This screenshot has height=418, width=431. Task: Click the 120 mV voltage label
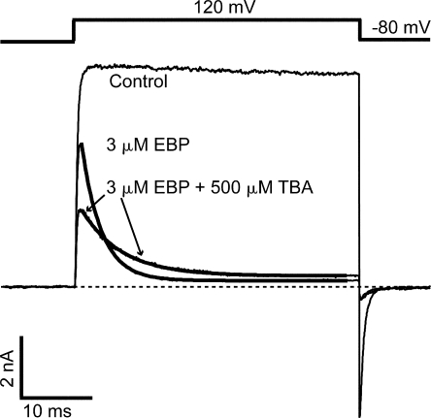[x=224, y=7]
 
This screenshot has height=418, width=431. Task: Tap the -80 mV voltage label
[x=401, y=28]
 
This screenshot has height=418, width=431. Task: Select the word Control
[x=138, y=81]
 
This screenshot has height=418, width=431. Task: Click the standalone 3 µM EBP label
[x=148, y=145]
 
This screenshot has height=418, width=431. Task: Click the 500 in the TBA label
[x=226, y=187]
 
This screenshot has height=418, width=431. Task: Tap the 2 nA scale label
[x=7, y=369]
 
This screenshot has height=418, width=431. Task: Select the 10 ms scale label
[x=48, y=411]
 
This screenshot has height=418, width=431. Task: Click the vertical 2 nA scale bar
[x=21, y=367]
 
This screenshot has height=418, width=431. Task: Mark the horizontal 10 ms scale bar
[x=56, y=397]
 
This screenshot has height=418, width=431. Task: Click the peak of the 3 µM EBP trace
[x=82, y=144]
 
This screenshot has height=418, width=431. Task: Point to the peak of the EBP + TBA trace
[x=82, y=210]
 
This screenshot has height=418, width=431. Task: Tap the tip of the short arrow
[x=85, y=211]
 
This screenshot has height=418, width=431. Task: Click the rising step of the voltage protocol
[x=74, y=31]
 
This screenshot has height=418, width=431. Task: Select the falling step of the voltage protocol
[x=360, y=30]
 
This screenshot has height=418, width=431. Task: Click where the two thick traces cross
[x=104, y=239]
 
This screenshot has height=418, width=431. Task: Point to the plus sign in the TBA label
[x=200, y=188]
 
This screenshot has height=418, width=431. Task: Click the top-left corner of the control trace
[x=84, y=68]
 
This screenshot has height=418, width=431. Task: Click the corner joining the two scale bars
[x=21, y=397]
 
